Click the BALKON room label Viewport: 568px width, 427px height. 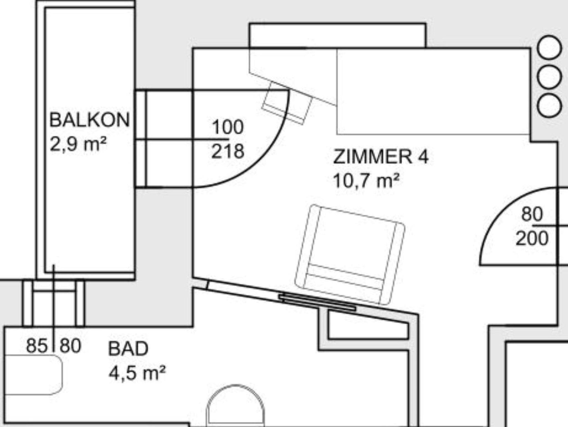click(x=90, y=120)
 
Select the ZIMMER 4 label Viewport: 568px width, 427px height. click(x=381, y=157)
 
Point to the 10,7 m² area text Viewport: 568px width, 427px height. click(x=366, y=180)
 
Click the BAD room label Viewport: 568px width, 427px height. click(x=128, y=349)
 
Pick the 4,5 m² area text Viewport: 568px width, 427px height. click(x=137, y=373)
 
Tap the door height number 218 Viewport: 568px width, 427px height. click(x=228, y=151)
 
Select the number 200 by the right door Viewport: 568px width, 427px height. click(x=532, y=238)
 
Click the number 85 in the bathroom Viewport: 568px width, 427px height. click(x=37, y=346)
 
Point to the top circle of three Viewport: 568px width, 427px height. click(x=549, y=47)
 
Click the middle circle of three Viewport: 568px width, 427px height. click(x=549, y=77)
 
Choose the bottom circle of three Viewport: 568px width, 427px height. click(x=549, y=106)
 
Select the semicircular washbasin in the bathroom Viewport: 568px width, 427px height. click(x=235, y=406)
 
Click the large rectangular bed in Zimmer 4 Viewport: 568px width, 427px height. click(x=433, y=91)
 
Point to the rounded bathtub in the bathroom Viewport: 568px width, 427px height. click(x=33, y=375)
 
